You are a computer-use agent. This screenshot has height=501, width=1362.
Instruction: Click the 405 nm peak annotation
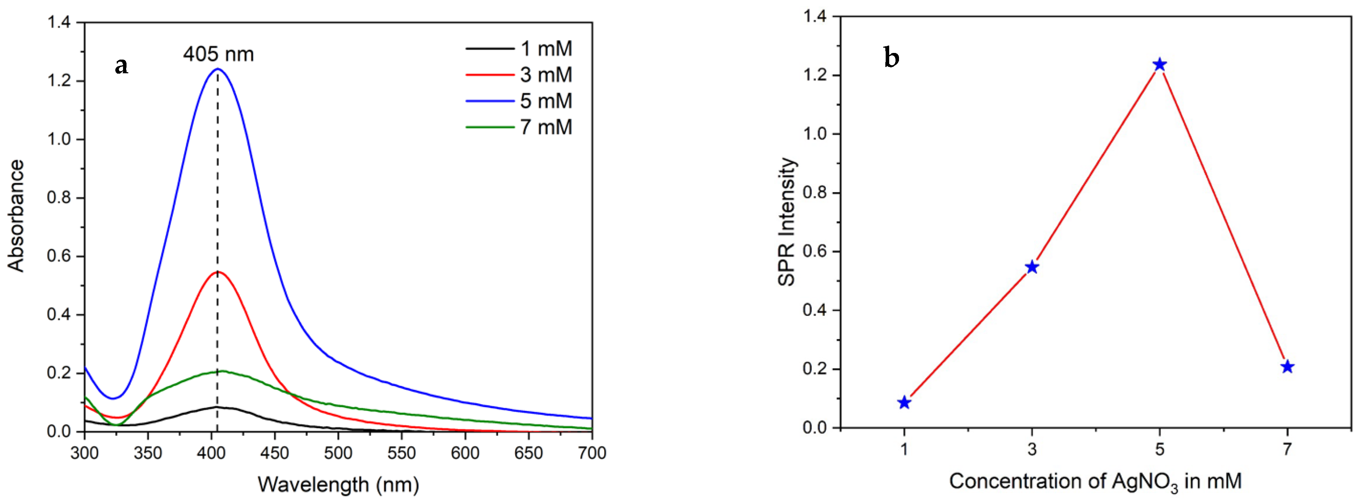(218, 54)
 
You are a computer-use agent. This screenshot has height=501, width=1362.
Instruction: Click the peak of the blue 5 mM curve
(217, 69)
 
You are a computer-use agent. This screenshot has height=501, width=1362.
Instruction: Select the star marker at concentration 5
(1159, 65)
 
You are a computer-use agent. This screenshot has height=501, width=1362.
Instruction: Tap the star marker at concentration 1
(904, 402)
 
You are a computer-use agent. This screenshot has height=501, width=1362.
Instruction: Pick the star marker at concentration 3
(1031, 267)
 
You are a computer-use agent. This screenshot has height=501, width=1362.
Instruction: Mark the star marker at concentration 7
(1287, 367)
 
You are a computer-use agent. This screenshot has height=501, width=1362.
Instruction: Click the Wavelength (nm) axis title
(338, 484)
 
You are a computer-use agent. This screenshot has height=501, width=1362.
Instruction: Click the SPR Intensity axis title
(787, 222)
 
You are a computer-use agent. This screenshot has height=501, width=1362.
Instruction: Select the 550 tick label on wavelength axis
(402, 453)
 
